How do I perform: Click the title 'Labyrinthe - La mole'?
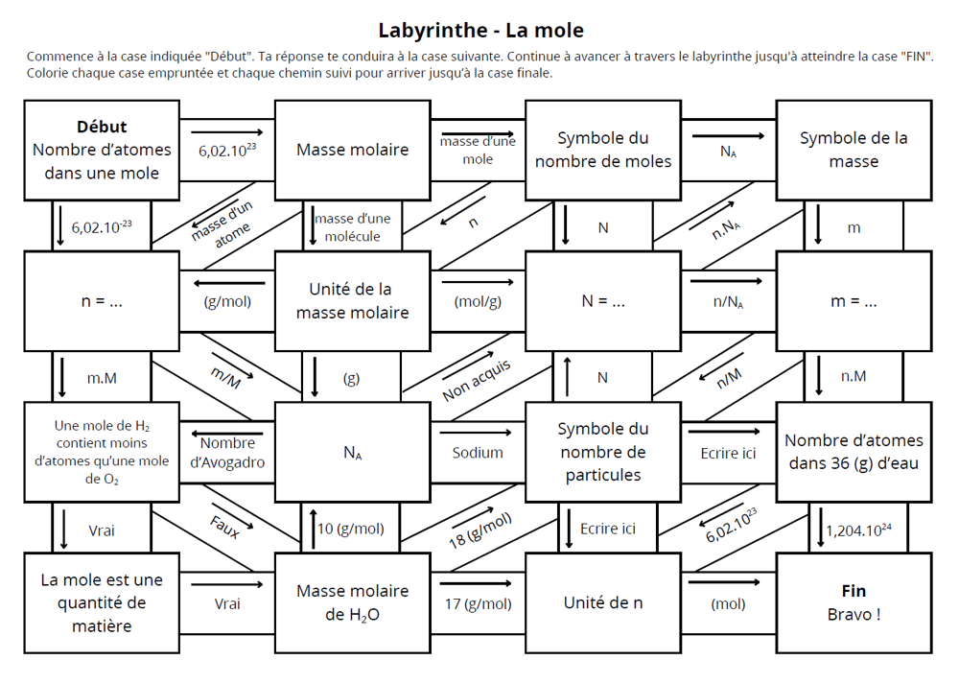tap(480, 30)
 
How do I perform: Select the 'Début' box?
tap(103, 151)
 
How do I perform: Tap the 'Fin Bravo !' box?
tap(854, 602)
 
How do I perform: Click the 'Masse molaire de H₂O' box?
tap(352, 602)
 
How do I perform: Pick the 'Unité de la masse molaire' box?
tap(352, 300)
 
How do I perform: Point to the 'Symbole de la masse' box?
tap(854, 151)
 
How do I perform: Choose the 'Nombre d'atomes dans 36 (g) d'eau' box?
tap(854, 452)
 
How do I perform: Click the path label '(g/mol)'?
tap(227, 301)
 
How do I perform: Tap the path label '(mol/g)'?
tap(478, 301)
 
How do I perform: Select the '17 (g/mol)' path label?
tap(478, 604)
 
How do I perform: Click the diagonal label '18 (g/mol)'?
tap(480, 530)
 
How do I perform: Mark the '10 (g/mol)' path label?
tap(350, 529)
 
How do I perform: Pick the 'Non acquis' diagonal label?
tap(477, 381)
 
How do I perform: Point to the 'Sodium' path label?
tap(478, 452)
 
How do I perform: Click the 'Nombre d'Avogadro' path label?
tap(227, 452)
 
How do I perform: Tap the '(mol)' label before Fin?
tap(728, 604)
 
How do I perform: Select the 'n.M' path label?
tap(854, 376)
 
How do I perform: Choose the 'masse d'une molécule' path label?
tap(352, 227)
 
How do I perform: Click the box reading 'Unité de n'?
tap(603, 602)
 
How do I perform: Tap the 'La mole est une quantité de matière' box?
tap(103, 602)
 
